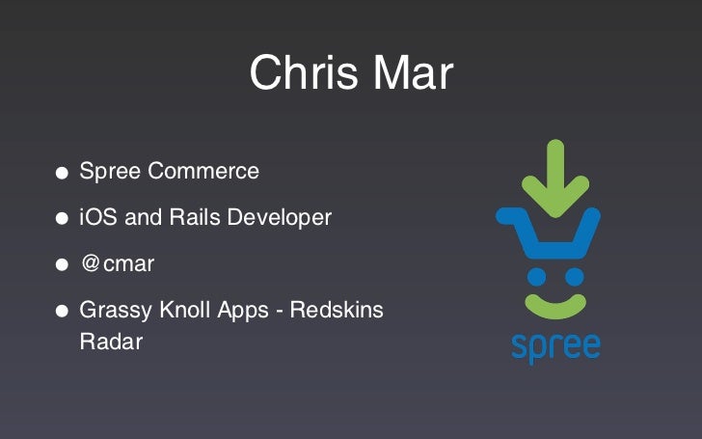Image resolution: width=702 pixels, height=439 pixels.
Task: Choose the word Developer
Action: pyautogui.click(x=283, y=218)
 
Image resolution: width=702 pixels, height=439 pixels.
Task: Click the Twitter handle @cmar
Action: pyautogui.click(x=117, y=264)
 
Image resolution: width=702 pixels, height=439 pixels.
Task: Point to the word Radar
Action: pyautogui.click(x=110, y=342)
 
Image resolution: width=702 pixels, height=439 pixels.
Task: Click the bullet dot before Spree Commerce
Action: pyautogui.click(x=62, y=174)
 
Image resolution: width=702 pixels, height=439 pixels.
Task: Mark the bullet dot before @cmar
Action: pyautogui.click(x=62, y=265)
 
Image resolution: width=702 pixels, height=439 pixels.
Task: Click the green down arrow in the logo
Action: pyautogui.click(x=554, y=173)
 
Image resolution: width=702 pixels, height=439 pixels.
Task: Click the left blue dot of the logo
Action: pyautogui.click(x=537, y=277)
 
